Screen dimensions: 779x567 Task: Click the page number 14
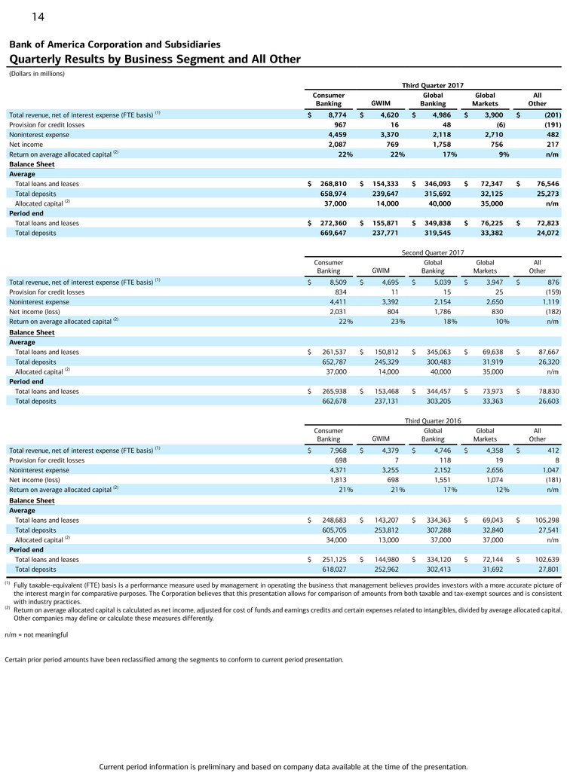pyautogui.click(x=38, y=16)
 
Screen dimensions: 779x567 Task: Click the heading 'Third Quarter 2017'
pyautogui.click(x=433, y=86)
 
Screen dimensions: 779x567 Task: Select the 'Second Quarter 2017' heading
pyautogui.click(x=433, y=253)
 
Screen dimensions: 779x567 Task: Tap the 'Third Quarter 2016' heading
pyautogui.click(x=433, y=420)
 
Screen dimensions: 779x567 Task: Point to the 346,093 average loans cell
pyautogui.click(x=434, y=184)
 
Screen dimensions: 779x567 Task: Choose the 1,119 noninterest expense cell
pyautogui.click(x=547, y=301)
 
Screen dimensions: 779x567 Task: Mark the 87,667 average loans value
pyautogui.click(x=544, y=352)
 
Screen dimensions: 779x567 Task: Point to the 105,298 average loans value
pyautogui.click(x=542, y=520)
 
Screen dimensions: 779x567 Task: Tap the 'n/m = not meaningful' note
pyautogui.click(x=36, y=635)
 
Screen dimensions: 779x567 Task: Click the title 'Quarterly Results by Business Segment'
pyautogui.click(x=155, y=60)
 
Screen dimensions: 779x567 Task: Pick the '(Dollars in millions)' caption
pyautogui.click(x=37, y=73)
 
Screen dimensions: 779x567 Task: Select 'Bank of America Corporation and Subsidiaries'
pyautogui.click(x=115, y=44)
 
